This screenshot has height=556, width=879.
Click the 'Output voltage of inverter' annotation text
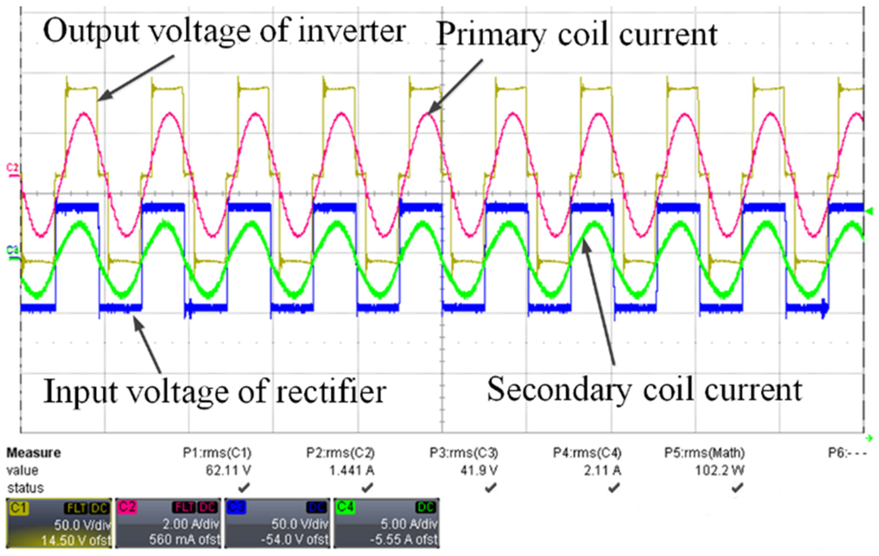click(x=224, y=31)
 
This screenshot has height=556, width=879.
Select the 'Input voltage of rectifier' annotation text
click(x=215, y=392)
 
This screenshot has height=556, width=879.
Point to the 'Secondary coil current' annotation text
click(x=645, y=390)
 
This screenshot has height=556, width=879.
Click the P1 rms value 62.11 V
click(x=228, y=471)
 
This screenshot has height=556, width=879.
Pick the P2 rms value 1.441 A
click(x=352, y=471)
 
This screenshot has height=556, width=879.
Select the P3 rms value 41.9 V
click(x=479, y=471)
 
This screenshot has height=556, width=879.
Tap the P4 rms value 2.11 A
click(x=602, y=471)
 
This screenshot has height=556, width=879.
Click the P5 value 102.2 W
click(x=719, y=471)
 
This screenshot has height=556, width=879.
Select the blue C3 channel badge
click(x=236, y=507)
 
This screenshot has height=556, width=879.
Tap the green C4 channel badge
click(x=345, y=507)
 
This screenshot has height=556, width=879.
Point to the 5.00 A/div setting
click(x=409, y=525)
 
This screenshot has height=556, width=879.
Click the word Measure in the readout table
click(x=34, y=453)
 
